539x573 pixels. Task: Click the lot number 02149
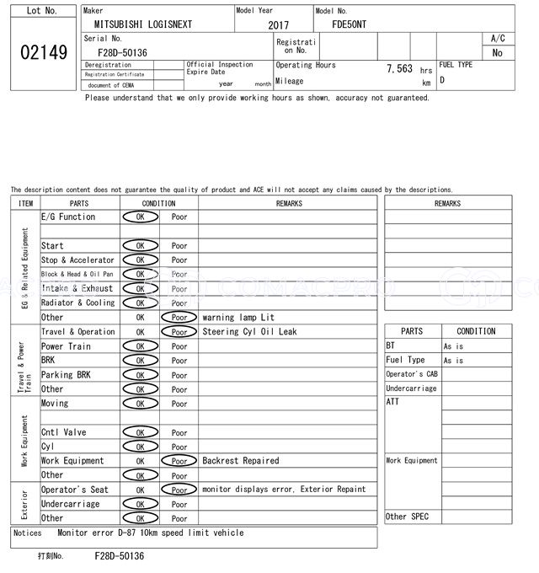43,52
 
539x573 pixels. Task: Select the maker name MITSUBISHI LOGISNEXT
143,24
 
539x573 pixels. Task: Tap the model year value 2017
278,25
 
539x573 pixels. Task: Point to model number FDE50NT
350,24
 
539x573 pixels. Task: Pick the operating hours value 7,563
399,69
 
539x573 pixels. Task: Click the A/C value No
497,52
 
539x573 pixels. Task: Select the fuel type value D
442,81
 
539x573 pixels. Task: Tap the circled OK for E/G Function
141,217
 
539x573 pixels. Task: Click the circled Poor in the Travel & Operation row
179,332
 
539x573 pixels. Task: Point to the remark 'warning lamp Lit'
238,318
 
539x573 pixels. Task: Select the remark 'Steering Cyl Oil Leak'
249,332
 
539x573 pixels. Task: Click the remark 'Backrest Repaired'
240,461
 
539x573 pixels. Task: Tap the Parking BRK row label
66,375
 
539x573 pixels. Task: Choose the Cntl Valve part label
64,432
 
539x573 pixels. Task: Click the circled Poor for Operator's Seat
179,490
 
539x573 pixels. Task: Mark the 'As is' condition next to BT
453,346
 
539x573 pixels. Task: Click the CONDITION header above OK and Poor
158,203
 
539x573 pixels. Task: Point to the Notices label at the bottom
28,533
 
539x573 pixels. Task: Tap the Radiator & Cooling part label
78,303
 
